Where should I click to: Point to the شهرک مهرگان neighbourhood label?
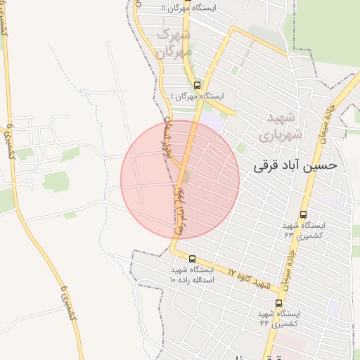(174, 43)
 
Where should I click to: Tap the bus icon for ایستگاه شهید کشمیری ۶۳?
(303, 214)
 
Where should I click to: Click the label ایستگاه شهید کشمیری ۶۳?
(304, 229)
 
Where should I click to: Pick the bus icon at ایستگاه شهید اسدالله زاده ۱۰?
(193, 259)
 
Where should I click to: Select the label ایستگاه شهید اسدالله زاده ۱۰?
(191, 274)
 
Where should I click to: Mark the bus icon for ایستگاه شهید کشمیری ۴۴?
(279, 303)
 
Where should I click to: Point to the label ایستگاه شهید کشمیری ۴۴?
(280, 318)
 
